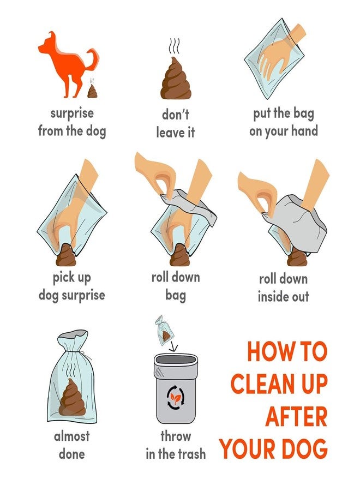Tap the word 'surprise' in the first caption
tap(72, 114)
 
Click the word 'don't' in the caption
tap(175, 115)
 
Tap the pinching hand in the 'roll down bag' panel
tap(158, 175)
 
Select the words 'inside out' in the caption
tap(283, 297)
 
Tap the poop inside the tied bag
tap(73, 398)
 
